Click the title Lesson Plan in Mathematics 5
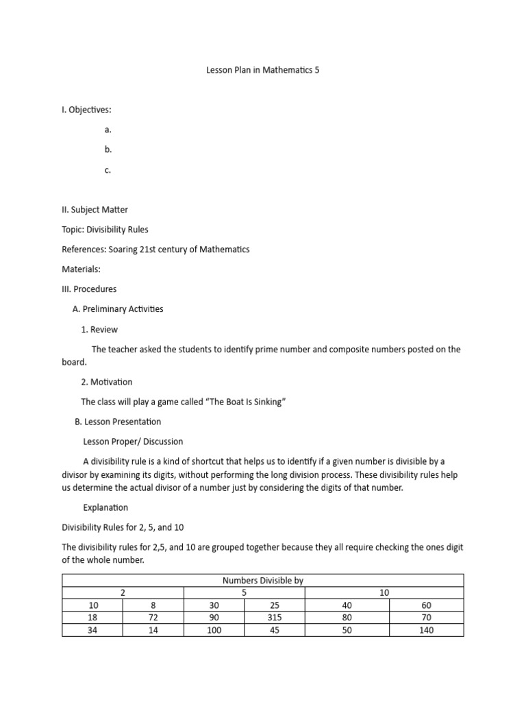click(263, 70)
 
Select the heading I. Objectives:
click(86, 110)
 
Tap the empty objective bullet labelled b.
click(108, 149)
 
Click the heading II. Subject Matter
click(95, 210)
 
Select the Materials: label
click(81, 269)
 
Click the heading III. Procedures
click(89, 289)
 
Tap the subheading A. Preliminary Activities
click(118, 309)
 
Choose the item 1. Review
click(99, 330)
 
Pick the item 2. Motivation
click(107, 382)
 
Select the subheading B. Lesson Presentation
click(118, 422)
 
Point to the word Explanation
click(105, 508)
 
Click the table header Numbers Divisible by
click(263, 581)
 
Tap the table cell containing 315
click(275, 618)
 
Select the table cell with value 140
click(426, 630)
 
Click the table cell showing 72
click(153, 618)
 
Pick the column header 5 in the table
click(245, 593)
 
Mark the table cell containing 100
click(214, 630)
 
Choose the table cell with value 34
click(92, 630)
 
